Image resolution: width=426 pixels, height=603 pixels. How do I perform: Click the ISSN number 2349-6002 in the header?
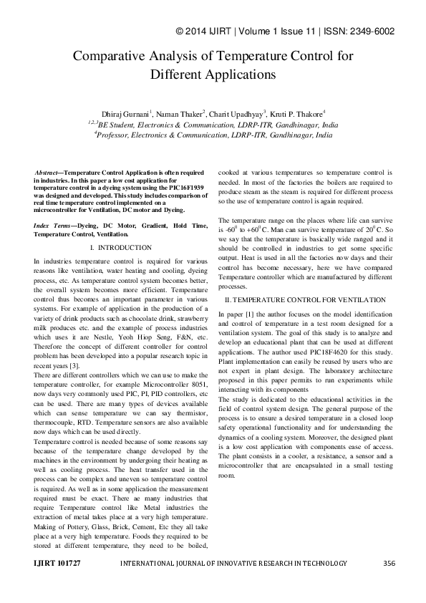coord(392,32)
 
